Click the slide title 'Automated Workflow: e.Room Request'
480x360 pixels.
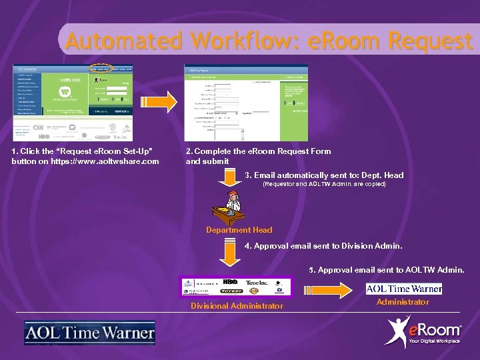coord(269,41)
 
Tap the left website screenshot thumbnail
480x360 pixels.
coord(73,103)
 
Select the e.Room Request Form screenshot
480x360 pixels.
coord(245,103)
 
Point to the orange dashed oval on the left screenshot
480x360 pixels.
coord(101,69)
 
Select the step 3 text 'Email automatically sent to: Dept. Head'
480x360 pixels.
coord(324,175)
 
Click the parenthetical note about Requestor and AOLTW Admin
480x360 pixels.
coord(325,184)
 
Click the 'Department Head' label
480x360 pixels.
coord(239,230)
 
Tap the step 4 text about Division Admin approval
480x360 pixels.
coord(323,246)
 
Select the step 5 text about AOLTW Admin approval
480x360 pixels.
coord(387,270)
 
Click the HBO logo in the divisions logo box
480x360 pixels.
coord(230,282)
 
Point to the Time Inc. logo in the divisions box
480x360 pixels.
coord(257,282)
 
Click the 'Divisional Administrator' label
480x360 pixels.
coord(237,306)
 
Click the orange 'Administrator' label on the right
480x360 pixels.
coord(403,302)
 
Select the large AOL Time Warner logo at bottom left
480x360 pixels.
coord(89,333)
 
